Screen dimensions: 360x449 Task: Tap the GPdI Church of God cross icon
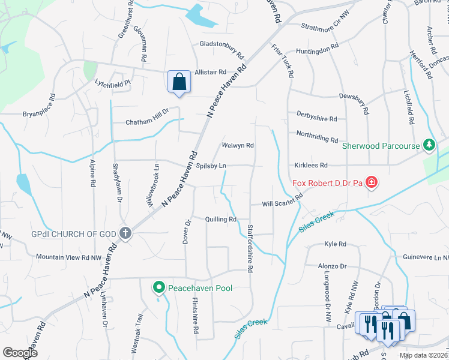tap(125, 233)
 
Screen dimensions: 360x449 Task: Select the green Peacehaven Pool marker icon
tap(159, 289)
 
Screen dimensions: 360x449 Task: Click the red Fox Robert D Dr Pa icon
tap(372, 182)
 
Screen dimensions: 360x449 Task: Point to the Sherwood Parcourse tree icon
tap(429, 145)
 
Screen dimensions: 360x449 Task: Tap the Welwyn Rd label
tap(238, 145)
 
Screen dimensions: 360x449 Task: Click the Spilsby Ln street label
tap(209, 165)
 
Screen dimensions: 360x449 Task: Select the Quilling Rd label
tap(220, 220)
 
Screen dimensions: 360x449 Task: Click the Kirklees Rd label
tap(310, 165)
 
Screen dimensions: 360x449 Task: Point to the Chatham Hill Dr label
tap(148, 122)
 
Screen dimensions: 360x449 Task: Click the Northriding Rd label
tap(317, 136)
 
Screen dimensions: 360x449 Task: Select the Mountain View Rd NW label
tap(68, 257)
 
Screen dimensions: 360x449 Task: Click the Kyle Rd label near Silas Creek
tap(335, 244)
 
